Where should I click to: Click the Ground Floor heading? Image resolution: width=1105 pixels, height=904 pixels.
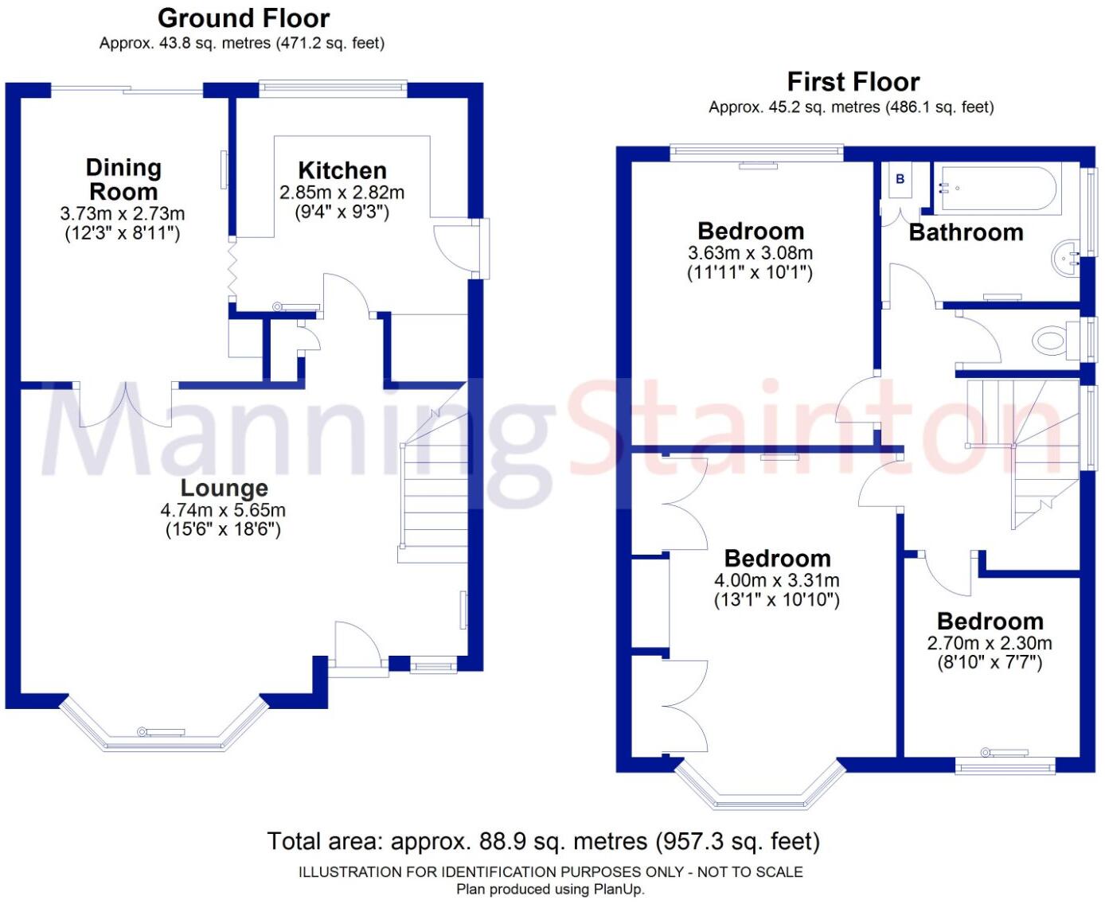(243, 18)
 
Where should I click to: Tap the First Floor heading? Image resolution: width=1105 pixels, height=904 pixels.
(853, 82)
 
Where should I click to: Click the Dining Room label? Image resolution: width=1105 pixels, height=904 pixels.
(123, 179)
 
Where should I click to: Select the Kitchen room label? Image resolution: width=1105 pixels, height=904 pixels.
(342, 170)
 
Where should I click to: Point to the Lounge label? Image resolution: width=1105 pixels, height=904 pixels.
(224, 488)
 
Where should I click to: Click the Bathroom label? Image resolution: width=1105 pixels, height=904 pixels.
(966, 232)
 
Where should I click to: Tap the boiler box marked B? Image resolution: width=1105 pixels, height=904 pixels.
(900, 180)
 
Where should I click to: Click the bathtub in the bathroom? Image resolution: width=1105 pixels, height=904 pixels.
(999, 189)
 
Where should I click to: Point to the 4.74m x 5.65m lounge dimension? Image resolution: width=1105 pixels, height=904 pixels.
(223, 510)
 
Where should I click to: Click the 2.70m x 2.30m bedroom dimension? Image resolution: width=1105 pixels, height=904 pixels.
(990, 643)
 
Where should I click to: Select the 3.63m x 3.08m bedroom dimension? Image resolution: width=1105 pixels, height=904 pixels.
(750, 253)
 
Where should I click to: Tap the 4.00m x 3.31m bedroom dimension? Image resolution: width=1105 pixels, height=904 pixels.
(776, 581)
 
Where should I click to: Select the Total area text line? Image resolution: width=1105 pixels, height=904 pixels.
(543, 841)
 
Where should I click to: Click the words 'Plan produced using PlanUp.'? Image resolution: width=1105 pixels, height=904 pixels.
(550, 890)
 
